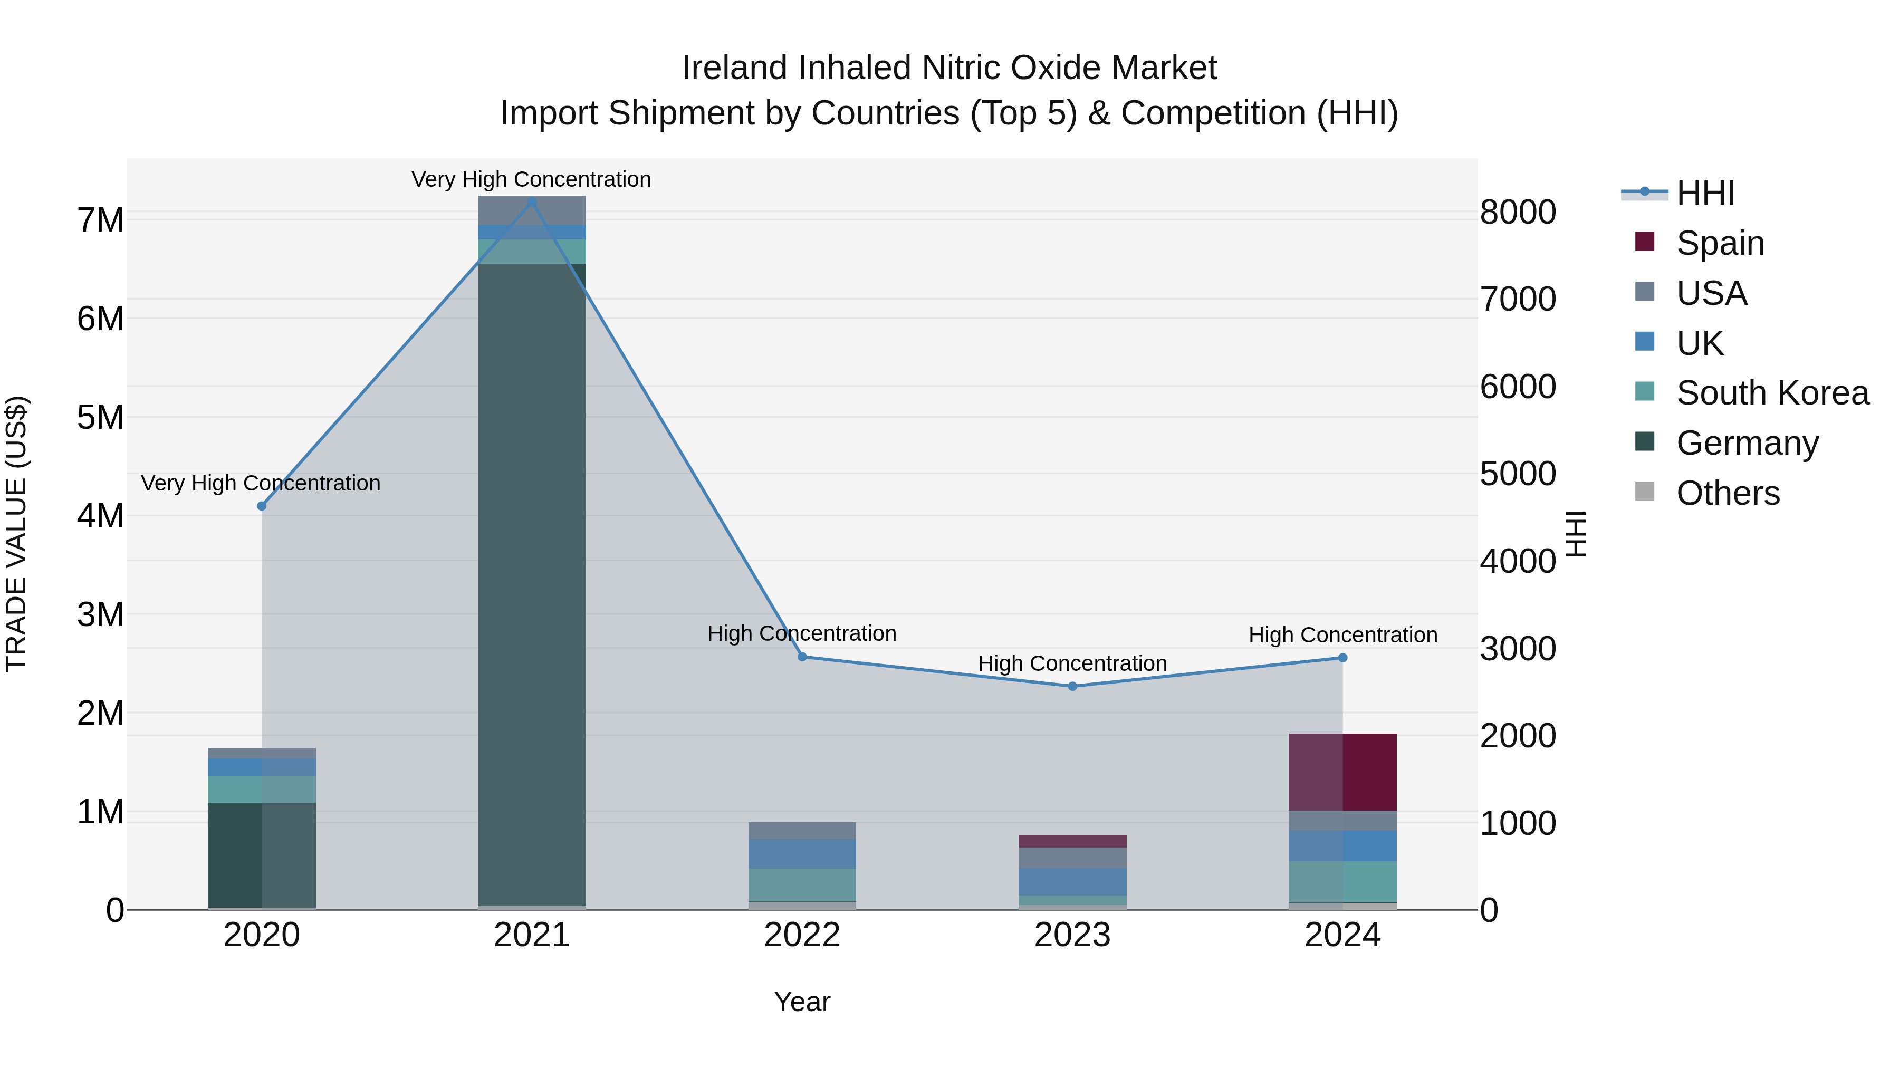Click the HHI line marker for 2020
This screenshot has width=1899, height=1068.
(262, 506)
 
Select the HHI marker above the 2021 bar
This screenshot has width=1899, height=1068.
(532, 201)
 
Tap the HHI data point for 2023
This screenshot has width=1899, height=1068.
(1072, 686)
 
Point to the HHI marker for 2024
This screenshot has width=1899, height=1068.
(1342, 658)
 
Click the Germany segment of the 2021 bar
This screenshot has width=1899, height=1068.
(532, 582)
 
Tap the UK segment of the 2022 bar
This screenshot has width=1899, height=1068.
(802, 853)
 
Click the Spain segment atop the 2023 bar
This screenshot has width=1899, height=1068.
(1072, 841)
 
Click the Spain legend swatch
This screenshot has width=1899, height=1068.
(1645, 242)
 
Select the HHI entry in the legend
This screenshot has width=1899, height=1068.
(1705, 193)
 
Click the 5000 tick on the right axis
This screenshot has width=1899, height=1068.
(1518, 474)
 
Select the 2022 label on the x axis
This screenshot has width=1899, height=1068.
(802, 935)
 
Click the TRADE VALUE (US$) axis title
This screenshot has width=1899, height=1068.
(17, 534)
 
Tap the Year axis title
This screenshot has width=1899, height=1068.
(802, 1002)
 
